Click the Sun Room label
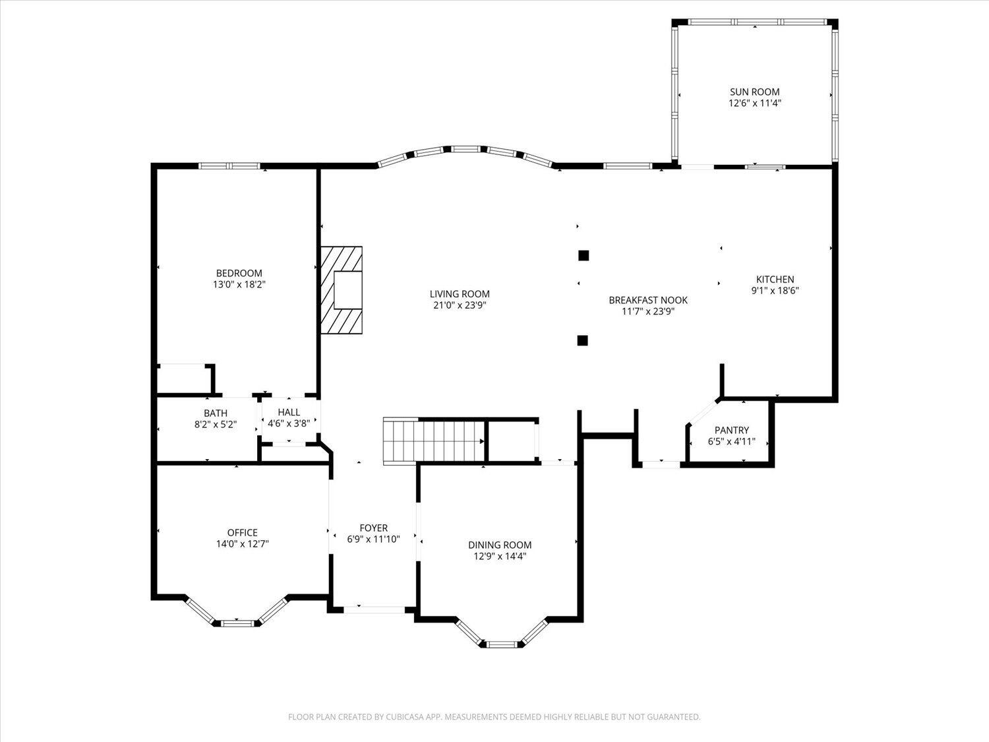pyautogui.click(x=754, y=92)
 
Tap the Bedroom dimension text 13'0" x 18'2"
pyautogui.click(x=239, y=285)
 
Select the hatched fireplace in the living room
pyautogui.click(x=342, y=290)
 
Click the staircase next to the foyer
pyautogui.click(x=435, y=441)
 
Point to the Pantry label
pyautogui.click(x=731, y=430)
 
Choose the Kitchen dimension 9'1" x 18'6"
pyautogui.click(x=775, y=290)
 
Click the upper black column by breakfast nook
pyautogui.click(x=583, y=255)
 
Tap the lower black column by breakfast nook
pyautogui.click(x=582, y=340)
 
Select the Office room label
pyautogui.click(x=242, y=532)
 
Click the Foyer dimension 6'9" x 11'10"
pyautogui.click(x=373, y=539)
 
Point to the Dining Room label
pyautogui.click(x=499, y=545)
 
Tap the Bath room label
pyautogui.click(x=215, y=413)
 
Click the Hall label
pyautogui.click(x=289, y=412)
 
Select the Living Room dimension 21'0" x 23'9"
pyautogui.click(x=460, y=305)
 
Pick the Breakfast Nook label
pyautogui.click(x=647, y=300)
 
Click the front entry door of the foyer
pyautogui.click(x=374, y=609)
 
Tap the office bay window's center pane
pyautogui.click(x=237, y=622)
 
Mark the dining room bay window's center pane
pyautogui.click(x=502, y=643)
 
